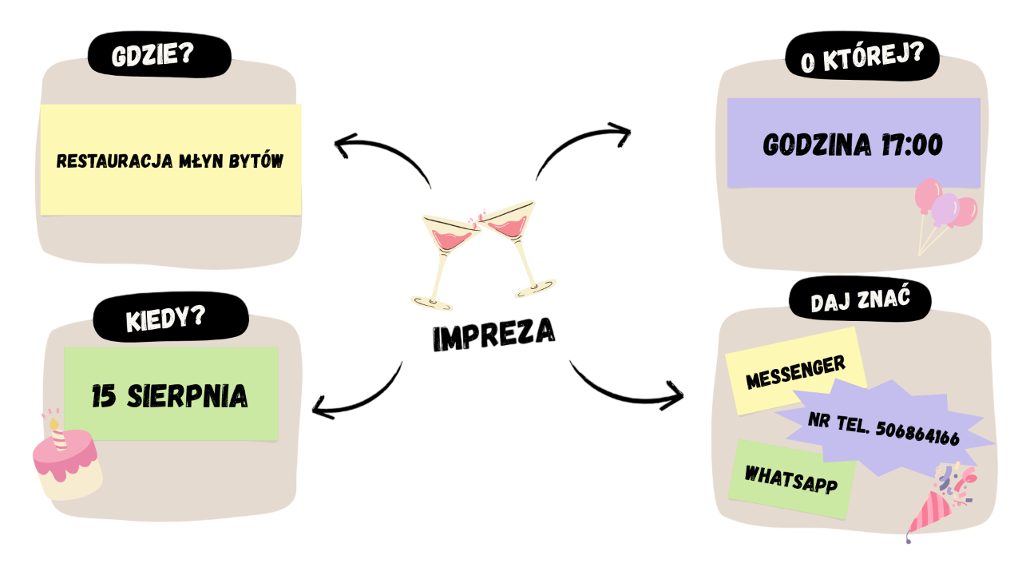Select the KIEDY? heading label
pyautogui.click(x=165, y=319)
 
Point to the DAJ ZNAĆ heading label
pyautogui.click(x=860, y=302)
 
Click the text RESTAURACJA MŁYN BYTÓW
pyautogui.click(x=170, y=161)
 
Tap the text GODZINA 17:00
pyautogui.click(x=853, y=145)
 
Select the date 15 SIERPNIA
pyautogui.click(x=169, y=396)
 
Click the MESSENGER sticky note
pyautogui.click(x=795, y=372)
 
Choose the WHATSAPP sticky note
pyautogui.click(x=790, y=478)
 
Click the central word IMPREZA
pyautogui.click(x=493, y=335)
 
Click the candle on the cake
pyautogui.click(x=57, y=432)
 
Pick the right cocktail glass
pyautogui.click(x=516, y=240)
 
